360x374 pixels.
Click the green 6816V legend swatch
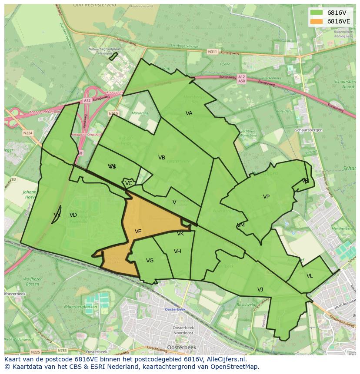[317, 13]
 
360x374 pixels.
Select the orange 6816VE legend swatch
[317, 21]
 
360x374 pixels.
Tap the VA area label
[189, 113]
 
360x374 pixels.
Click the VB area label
[162, 158]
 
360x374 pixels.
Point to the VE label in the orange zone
[138, 232]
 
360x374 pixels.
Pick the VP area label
[266, 197]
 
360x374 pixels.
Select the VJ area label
[260, 290]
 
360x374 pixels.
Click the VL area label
[310, 276]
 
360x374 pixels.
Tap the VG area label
[150, 261]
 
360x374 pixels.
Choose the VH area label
[177, 252]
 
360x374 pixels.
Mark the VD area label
[73, 215]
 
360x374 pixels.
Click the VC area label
[129, 183]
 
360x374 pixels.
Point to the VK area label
[180, 234]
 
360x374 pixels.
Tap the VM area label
[241, 225]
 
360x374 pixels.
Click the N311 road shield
[212, 52]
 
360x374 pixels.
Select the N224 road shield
[28, 133]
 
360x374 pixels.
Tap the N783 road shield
[63, 351]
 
